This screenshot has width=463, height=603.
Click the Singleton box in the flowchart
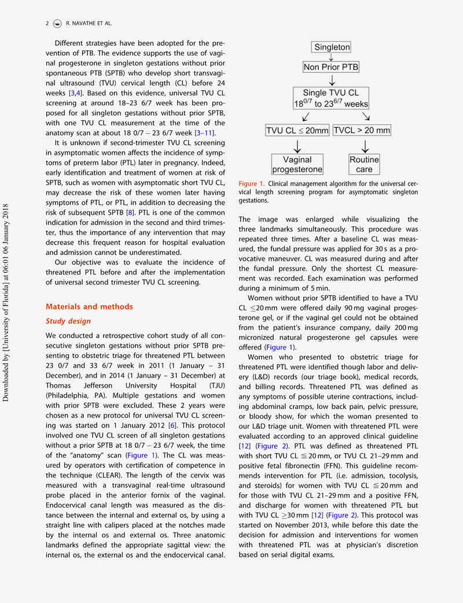(331, 47)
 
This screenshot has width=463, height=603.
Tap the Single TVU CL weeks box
(331, 98)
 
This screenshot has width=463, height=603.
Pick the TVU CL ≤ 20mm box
(297, 130)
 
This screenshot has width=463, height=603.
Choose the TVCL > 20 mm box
(362, 130)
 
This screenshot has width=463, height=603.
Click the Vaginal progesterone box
(297, 164)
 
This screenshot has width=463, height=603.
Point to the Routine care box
(364, 164)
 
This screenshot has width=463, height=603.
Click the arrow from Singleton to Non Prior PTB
(331, 57)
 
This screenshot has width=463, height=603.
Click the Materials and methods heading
(89, 307)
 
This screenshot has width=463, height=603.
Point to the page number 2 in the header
(47, 23)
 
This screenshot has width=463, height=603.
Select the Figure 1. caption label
(252, 184)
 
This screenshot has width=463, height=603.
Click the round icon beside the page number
(57, 23)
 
